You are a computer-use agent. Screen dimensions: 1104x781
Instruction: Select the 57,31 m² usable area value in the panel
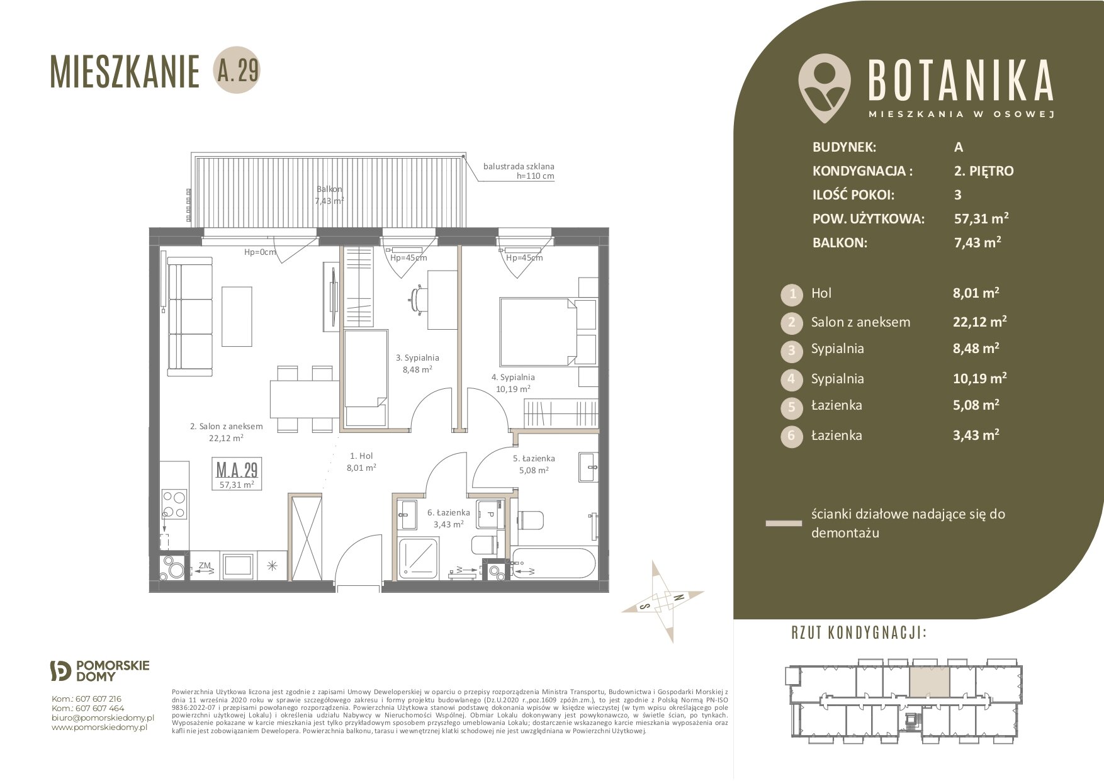click(x=981, y=218)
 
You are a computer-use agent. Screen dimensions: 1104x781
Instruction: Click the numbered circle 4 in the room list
click(x=792, y=379)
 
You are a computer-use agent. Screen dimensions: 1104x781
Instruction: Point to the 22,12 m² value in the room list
click(x=979, y=322)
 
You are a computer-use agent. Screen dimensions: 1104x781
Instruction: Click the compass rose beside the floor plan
click(x=663, y=602)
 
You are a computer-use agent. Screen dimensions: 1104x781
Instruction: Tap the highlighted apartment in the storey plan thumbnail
click(x=929, y=681)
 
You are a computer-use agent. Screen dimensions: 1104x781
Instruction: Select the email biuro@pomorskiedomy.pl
click(x=103, y=717)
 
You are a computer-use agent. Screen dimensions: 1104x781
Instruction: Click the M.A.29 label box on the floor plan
click(x=237, y=475)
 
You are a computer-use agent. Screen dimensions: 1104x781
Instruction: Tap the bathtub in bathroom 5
click(x=552, y=564)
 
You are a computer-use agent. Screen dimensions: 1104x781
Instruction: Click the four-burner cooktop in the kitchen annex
click(x=174, y=504)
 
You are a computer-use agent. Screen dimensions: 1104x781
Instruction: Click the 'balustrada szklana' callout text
click(x=519, y=167)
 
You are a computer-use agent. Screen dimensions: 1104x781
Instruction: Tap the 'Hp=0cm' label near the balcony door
click(x=260, y=252)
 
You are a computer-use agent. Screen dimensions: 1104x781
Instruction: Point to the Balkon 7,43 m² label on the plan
click(x=329, y=195)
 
